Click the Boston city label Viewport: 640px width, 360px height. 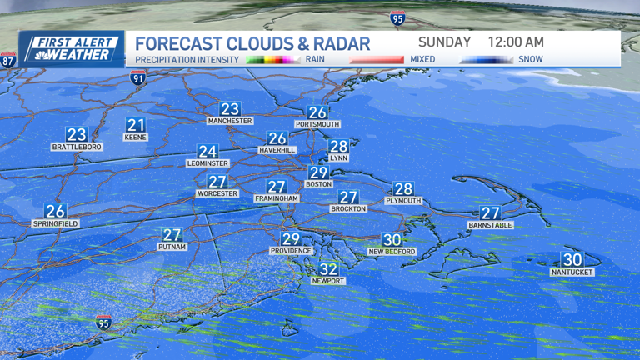(318, 184)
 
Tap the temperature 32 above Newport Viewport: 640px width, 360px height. (328, 269)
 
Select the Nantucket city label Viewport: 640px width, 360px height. (572, 272)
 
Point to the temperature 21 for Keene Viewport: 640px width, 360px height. (135, 126)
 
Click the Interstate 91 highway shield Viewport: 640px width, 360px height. (138, 78)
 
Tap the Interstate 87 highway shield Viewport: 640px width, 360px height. (7, 61)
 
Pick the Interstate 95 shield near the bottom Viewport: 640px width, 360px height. (103, 322)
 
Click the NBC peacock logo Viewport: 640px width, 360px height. (36, 55)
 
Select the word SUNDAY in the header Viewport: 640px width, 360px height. (444, 42)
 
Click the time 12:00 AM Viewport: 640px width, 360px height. (516, 42)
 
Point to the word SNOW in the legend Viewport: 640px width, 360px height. (530, 60)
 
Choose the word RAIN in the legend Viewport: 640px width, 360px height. (315, 60)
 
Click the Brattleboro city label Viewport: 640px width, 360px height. (77, 147)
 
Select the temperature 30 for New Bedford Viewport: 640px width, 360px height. (392, 240)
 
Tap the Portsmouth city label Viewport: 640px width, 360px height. (317, 124)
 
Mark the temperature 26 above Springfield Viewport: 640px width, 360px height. (55, 212)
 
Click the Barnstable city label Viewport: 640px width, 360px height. (490, 225)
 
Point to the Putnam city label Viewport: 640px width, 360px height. (172, 247)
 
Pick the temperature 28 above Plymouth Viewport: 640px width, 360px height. (403, 189)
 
